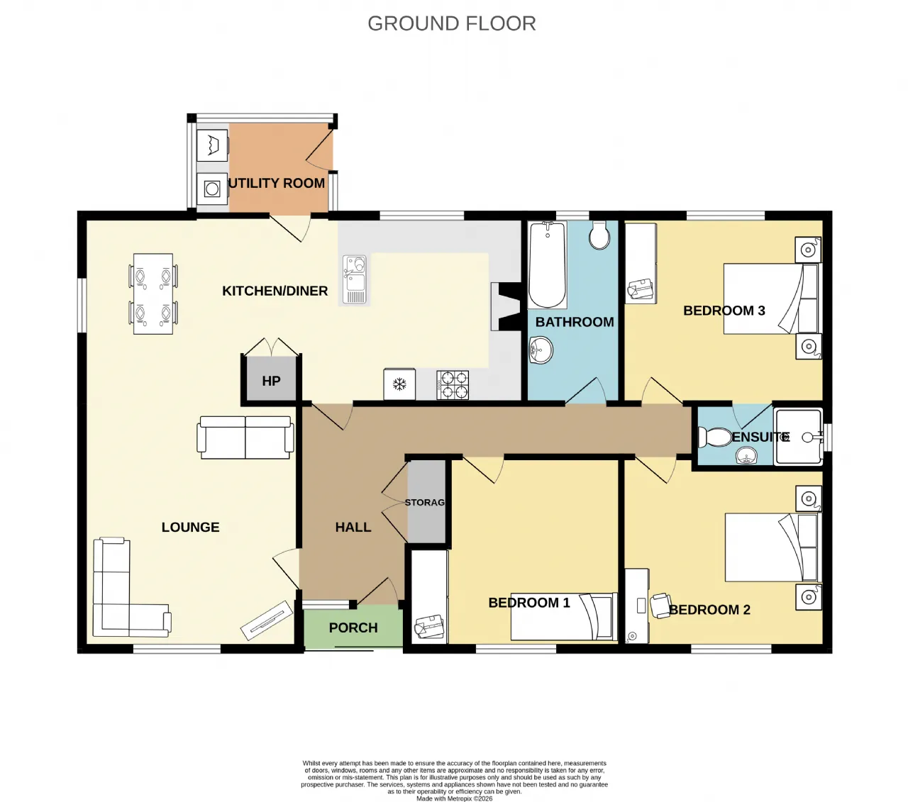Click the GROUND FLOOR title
pyautogui.click(x=451, y=23)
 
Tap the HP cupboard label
pyautogui.click(x=271, y=381)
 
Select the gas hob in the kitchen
pyautogui.click(x=452, y=384)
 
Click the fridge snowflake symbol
pyautogui.click(x=399, y=384)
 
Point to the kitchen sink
pyautogui.click(x=355, y=280)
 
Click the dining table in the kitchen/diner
pyautogui.click(x=153, y=294)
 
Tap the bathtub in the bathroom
pyautogui.click(x=547, y=264)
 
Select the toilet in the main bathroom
pyautogui.click(x=599, y=235)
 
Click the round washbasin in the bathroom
pyautogui.click(x=541, y=350)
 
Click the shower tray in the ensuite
pyautogui.click(x=798, y=436)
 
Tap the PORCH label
pyautogui.click(x=353, y=628)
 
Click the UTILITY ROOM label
pyautogui.click(x=277, y=183)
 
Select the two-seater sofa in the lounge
pyautogui.click(x=245, y=438)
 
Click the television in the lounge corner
pyautogui.click(x=267, y=620)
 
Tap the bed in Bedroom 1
pyautogui.click(x=564, y=616)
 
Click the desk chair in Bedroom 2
pyautogui.click(x=660, y=606)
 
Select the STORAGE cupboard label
pyautogui.click(x=425, y=502)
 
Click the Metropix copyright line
pyautogui.click(x=454, y=798)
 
